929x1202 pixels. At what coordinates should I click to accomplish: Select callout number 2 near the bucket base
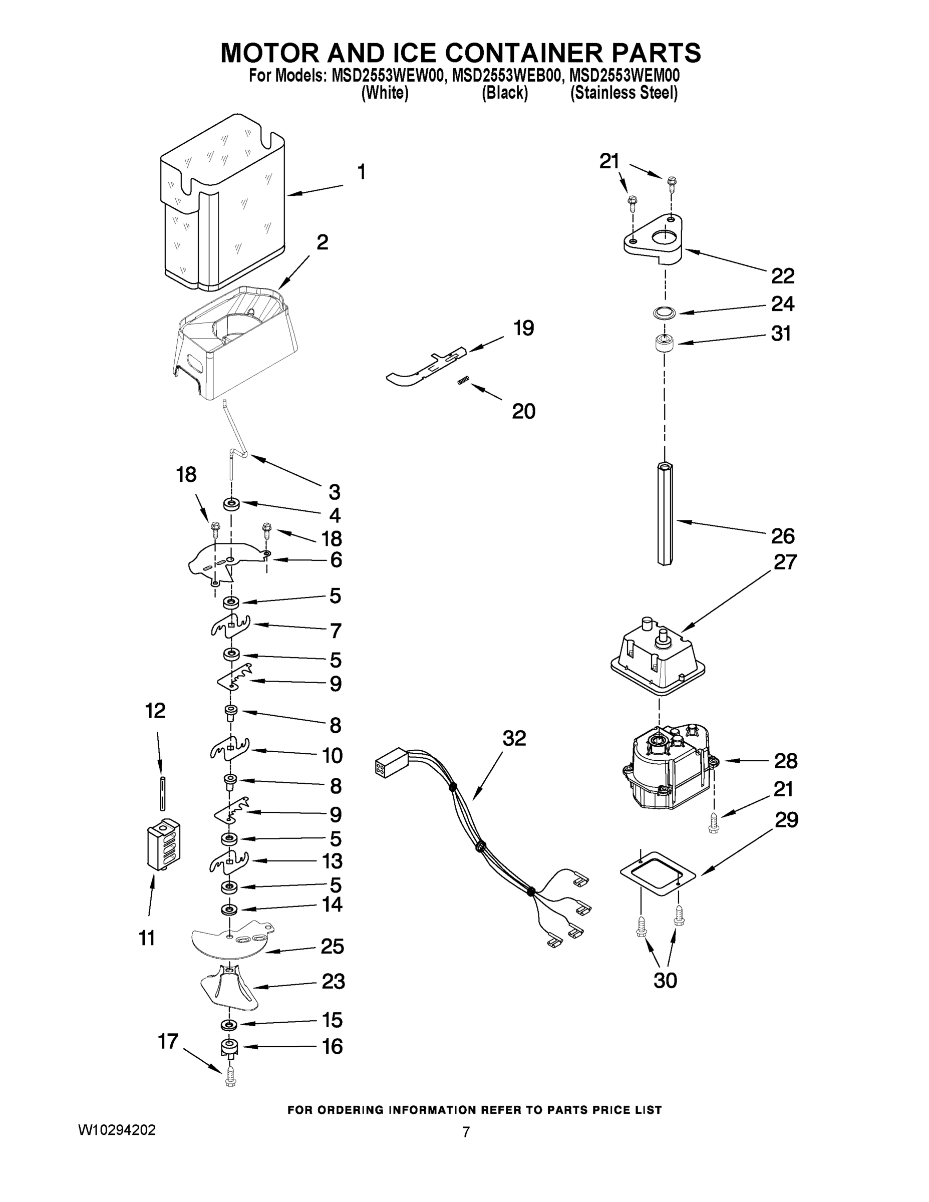point(323,242)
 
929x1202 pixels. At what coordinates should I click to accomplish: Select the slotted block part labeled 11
point(164,845)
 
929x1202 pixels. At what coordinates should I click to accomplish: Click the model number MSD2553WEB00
point(507,76)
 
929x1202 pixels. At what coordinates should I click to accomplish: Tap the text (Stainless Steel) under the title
point(624,93)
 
